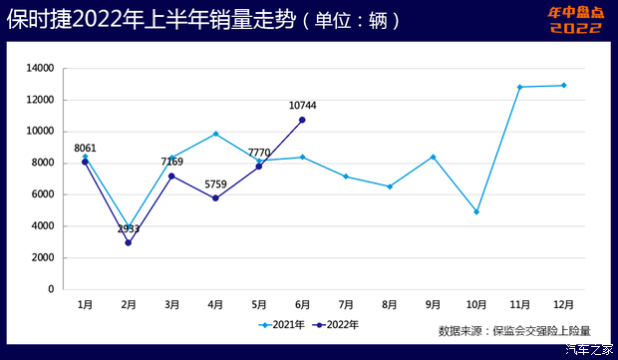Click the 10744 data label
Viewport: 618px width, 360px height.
[x=303, y=105]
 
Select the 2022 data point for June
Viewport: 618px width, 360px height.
[x=302, y=120]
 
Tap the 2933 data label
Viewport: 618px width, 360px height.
[x=129, y=228]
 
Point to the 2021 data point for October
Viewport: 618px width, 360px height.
[x=476, y=211]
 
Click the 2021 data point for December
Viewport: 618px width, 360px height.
[x=563, y=85]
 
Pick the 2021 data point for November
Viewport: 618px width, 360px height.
[x=520, y=87]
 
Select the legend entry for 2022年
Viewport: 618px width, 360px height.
[x=336, y=324]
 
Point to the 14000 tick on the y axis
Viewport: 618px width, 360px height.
[x=40, y=68]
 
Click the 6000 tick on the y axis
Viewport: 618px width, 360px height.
[x=43, y=194]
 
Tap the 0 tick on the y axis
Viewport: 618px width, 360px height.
[x=51, y=289]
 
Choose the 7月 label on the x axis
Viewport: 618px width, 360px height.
[x=346, y=303]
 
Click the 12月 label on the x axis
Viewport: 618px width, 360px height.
[x=563, y=303]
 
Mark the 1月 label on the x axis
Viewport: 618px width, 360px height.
[x=85, y=303]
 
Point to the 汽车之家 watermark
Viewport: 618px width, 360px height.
[x=588, y=350]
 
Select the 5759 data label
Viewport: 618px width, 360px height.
[x=215, y=183]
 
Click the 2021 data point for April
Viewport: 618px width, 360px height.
[x=215, y=134]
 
